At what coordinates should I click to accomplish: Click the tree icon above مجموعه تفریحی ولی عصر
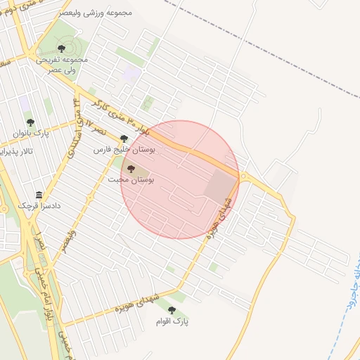coord(61,49)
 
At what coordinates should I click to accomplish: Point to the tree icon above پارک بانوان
coord(30,122)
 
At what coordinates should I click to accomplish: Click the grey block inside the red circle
coord(220,186)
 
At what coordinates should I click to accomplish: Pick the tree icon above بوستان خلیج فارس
coord(124,139)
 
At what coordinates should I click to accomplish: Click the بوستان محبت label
coord(131,180)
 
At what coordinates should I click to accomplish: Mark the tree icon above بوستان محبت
coord(131,169)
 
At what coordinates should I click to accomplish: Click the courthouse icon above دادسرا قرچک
coord(39,195)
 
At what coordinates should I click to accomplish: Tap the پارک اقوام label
coord(172,321)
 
